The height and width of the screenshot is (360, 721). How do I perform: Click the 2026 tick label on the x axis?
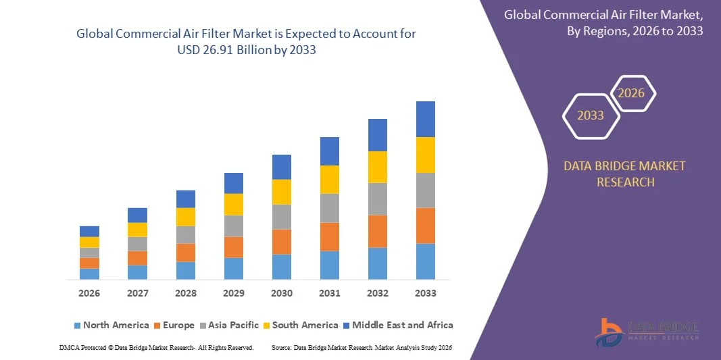(89, 293)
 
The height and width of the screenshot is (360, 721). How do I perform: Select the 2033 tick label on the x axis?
(426, 293)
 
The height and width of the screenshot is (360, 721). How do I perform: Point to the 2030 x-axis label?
(282, 293)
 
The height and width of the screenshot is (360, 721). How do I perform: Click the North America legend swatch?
(77, 326)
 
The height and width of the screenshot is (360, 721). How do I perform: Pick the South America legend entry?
(303, 325)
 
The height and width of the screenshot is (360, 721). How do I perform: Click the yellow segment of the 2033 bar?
(426, 155)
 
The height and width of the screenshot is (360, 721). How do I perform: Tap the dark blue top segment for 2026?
(89, 231)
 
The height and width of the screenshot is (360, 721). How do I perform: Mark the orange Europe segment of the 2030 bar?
(282, 241)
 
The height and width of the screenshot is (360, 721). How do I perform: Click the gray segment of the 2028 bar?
(186, 234)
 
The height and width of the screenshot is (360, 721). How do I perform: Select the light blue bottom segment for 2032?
(378, 263)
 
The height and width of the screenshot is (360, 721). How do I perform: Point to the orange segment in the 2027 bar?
(137, 257)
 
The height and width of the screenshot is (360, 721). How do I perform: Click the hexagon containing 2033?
(591, 115)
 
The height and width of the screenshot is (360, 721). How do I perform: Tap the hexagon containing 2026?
(632, 93)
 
